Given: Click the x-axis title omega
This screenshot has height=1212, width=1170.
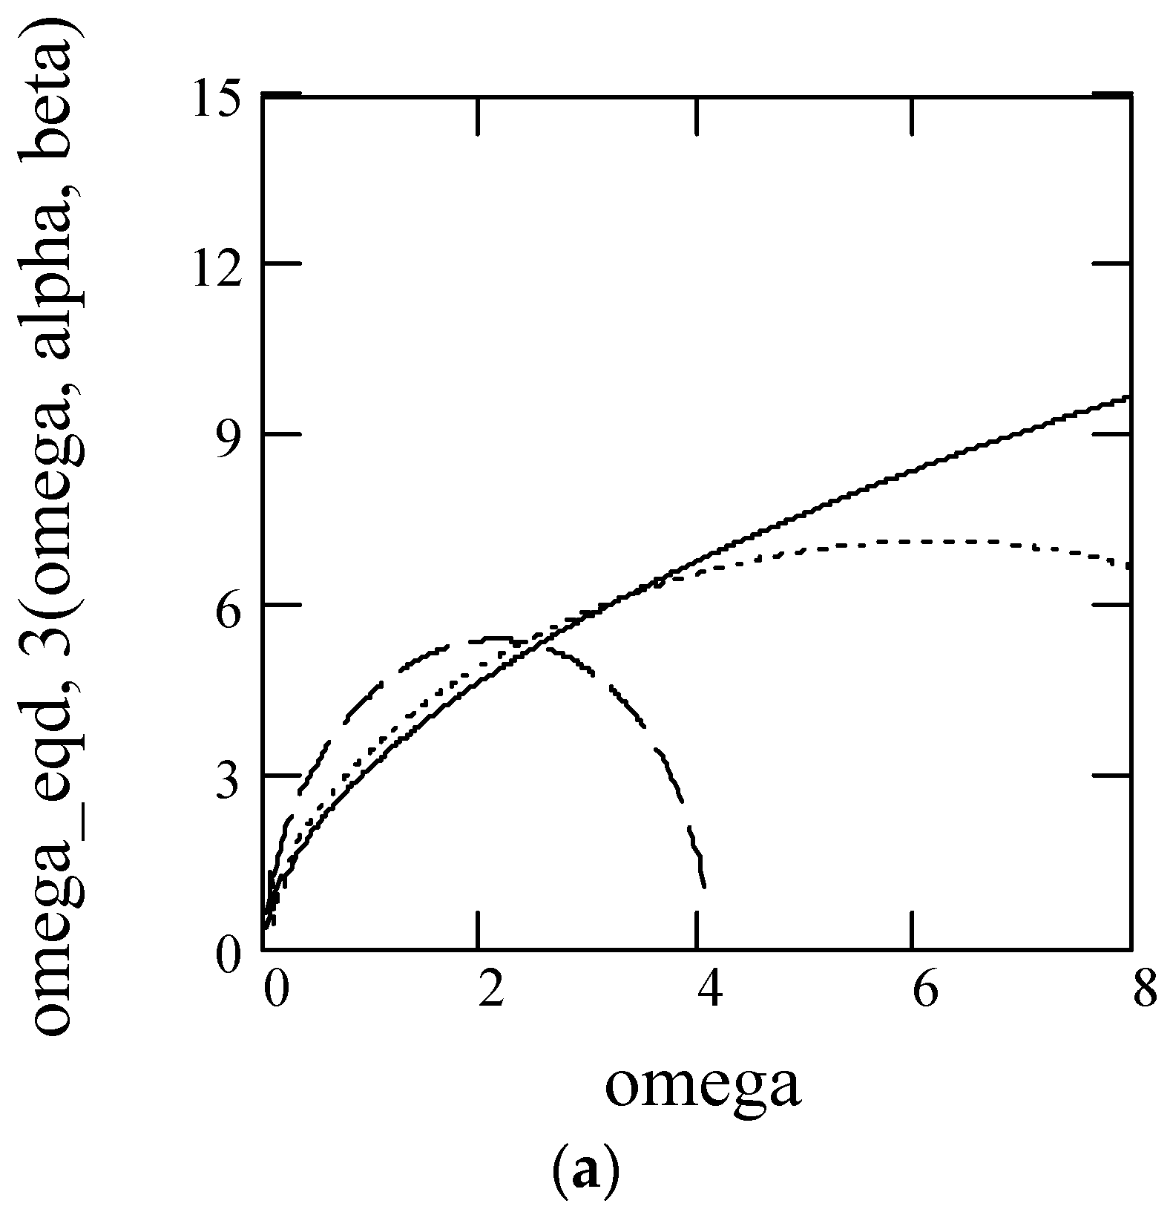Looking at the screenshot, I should click(703, 1086).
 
